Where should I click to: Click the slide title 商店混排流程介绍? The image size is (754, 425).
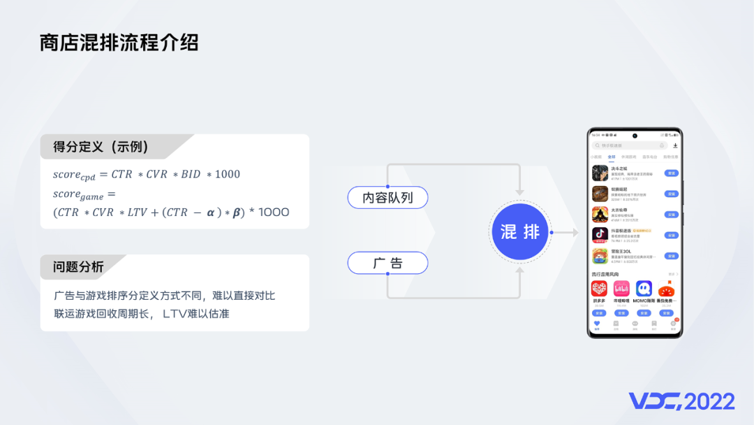(x=119, y=43)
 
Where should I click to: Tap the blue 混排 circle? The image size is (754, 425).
(x=521, y=232)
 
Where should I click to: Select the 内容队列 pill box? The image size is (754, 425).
(x=387, y=198)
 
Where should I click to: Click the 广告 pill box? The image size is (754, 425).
(x=387, y=264)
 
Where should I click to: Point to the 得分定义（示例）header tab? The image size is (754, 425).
(x=101, y=147)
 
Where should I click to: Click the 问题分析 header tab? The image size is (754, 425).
(x=79, y=266)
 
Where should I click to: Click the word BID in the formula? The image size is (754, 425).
(x=191, y=174)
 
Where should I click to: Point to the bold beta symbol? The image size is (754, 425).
(x=237, y=212)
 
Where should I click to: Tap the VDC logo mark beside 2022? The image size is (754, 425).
(x=655, y=401)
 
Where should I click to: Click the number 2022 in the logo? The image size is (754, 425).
(x=709, y=401)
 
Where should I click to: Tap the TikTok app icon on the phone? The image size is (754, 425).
(x=600, y=235)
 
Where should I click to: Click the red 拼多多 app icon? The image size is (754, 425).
(x=599, y=288)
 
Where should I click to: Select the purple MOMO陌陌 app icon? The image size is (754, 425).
(x=644, y=288)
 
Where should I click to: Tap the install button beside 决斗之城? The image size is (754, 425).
(x=672, y=173)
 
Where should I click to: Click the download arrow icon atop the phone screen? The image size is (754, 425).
(x=675, y=145)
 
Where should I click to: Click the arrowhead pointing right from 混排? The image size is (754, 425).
(x=575, y=232)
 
